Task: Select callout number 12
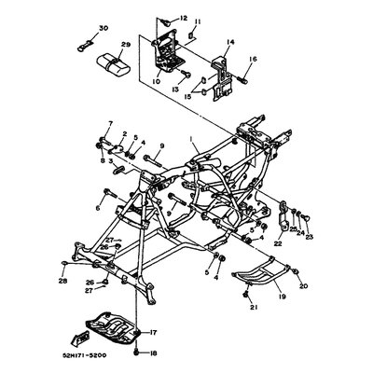pos(183,18)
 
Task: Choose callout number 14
pos(230,42)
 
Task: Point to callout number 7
pos(109,124)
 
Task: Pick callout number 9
pos(160,145)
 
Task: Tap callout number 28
pos(62,280)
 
